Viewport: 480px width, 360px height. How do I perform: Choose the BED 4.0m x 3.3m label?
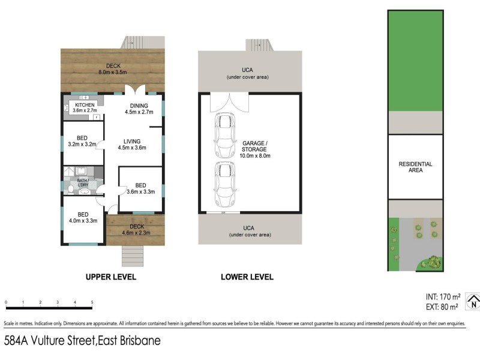[x=83, y=218]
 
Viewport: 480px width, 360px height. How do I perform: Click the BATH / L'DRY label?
[x=83, y=182]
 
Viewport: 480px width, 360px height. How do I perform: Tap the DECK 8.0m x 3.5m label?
[x=114, y=69]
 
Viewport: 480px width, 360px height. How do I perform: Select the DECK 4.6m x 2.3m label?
[x=136, y=229]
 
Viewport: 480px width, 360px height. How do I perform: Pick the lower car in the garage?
[x=225, y=184]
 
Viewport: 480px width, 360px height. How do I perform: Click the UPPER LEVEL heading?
[x=111, y=277]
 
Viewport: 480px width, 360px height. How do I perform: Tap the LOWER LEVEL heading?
[x=247, y=277]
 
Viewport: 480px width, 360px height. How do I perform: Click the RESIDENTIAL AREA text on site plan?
[x=415, y=167]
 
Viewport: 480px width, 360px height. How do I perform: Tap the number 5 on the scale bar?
[x=92, y=302]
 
